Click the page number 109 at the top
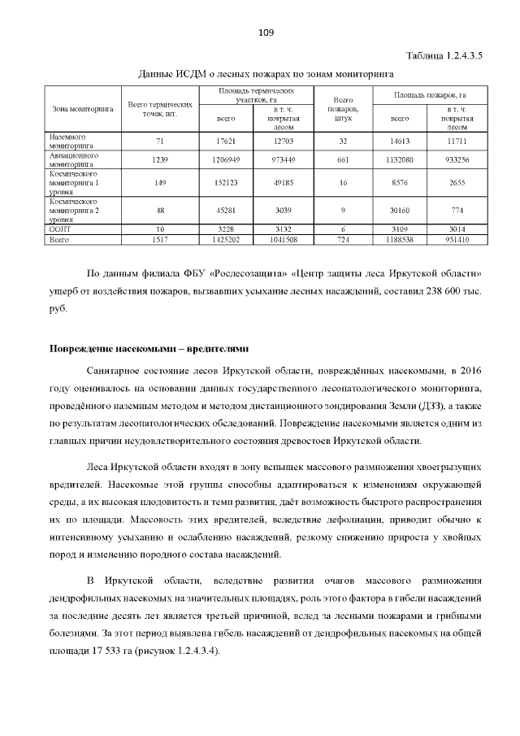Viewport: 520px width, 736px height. click(265, 33)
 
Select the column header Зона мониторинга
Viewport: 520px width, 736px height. click(82, 107)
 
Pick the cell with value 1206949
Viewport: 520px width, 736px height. click(227, 159)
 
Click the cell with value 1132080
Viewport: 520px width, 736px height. click(401, 159)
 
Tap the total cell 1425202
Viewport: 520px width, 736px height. click(227, 240)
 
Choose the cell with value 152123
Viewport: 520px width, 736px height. click(227, 183)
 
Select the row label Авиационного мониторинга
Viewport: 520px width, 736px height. click(74, 159)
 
